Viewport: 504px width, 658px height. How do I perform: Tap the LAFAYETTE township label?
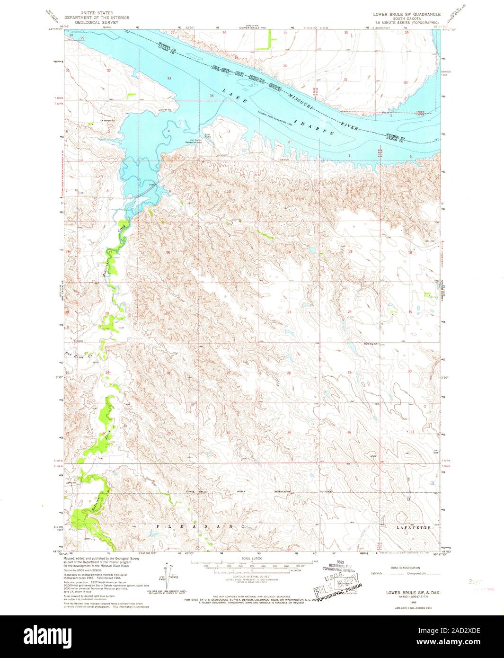pos(414,527)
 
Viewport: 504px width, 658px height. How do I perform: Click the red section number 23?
pos(289,312)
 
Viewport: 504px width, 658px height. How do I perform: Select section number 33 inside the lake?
pos(168,78)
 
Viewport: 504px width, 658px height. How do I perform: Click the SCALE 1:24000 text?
pos(251,558)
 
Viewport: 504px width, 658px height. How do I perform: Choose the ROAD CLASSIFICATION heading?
pos(405,568)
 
